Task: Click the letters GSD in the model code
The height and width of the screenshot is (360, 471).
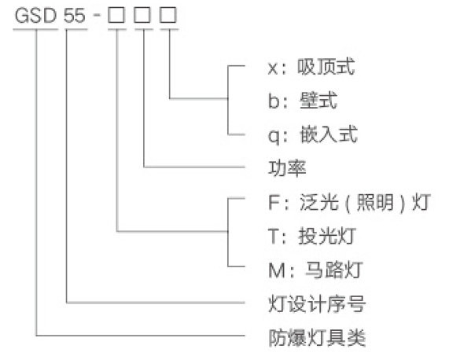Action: (35, 16)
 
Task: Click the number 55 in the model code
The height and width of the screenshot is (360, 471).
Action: (75, 16)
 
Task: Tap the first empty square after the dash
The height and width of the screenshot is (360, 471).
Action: (116, 15)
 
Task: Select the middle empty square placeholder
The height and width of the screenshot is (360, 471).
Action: (142, 15)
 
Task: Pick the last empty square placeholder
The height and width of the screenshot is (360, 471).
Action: (168, 15)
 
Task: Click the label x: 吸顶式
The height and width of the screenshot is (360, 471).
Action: (311, 67)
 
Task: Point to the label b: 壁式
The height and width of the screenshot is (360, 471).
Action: (303, 101)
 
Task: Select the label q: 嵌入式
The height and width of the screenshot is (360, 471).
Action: (313, 134)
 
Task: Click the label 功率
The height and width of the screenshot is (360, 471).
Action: (287, 168)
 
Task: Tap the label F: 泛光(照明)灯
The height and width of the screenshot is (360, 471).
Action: (350, 202)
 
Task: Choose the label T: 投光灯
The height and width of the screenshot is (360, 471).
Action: (312, 236)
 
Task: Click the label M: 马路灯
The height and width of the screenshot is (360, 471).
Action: (315, 270)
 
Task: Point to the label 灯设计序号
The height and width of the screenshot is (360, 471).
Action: (317, 303)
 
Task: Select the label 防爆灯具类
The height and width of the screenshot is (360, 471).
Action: (317, 337)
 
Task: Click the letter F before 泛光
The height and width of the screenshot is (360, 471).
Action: (274, 202)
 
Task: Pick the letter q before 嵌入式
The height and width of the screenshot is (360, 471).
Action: (274, 137)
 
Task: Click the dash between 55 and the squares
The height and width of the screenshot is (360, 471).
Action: (97, 14)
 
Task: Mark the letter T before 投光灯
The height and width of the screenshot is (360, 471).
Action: (274, 237)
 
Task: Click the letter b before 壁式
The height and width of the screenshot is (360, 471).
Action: (274, 101)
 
